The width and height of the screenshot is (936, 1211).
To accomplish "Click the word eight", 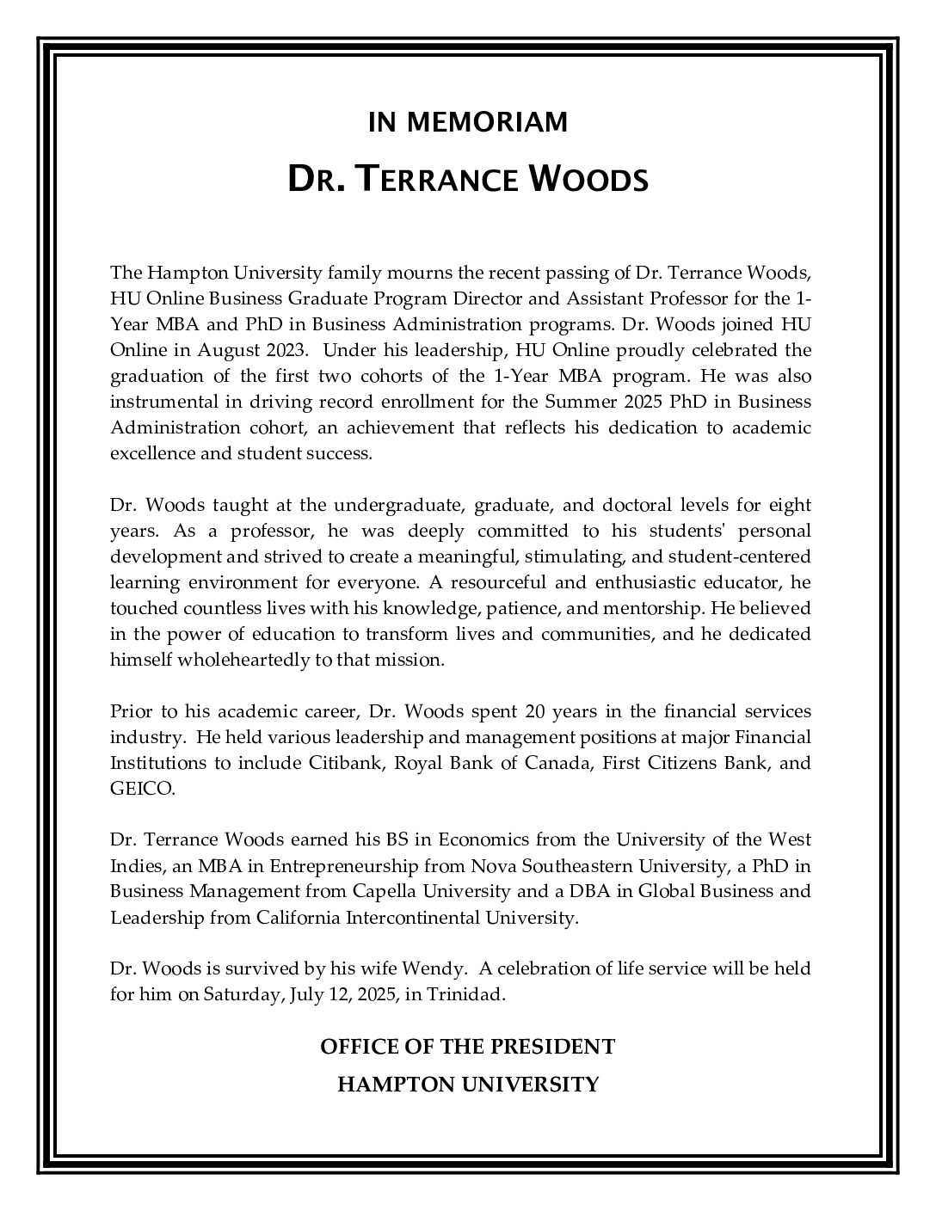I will [x=790, y=505].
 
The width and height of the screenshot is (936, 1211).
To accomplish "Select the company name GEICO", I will [x=141, y=789].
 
